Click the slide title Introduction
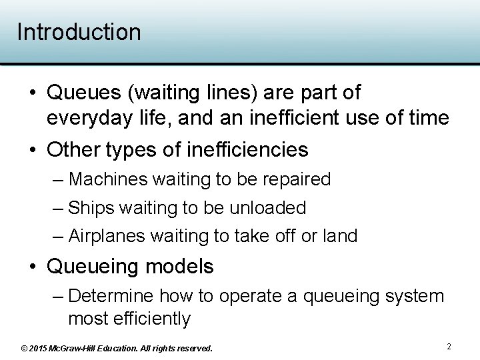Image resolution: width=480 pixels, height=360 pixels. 79,32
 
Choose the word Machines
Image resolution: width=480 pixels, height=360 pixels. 109,179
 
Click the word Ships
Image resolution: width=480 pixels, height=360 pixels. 91,208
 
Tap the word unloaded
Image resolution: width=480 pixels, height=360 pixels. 267,208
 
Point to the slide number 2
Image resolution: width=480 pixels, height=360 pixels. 449,347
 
